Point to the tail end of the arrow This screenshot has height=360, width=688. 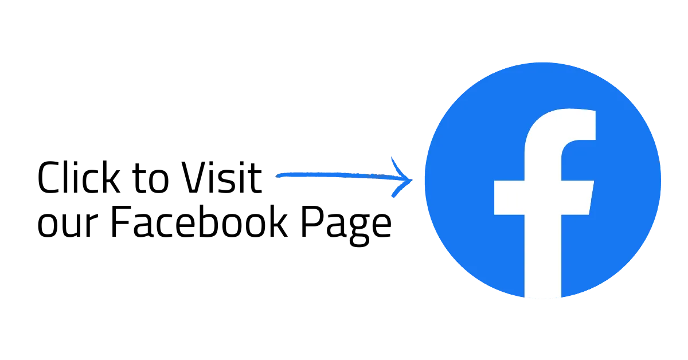pos(277,175)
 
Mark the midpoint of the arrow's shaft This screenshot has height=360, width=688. pos(344,175)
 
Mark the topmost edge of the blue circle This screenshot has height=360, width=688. pos(542,61)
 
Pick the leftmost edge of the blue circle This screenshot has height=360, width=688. pos(424,181)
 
